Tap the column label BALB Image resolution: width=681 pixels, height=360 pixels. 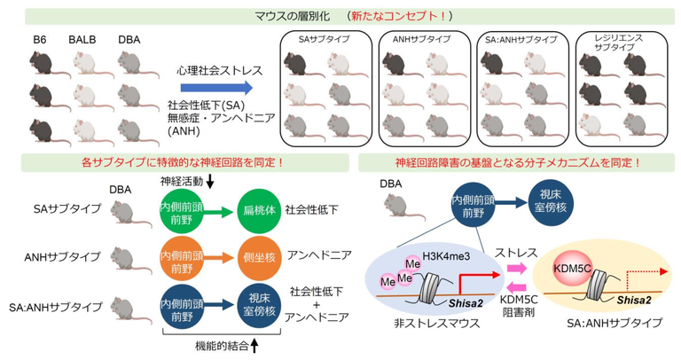tap(85, 41)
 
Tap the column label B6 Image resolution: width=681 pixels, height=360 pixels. tap(40, 41)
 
